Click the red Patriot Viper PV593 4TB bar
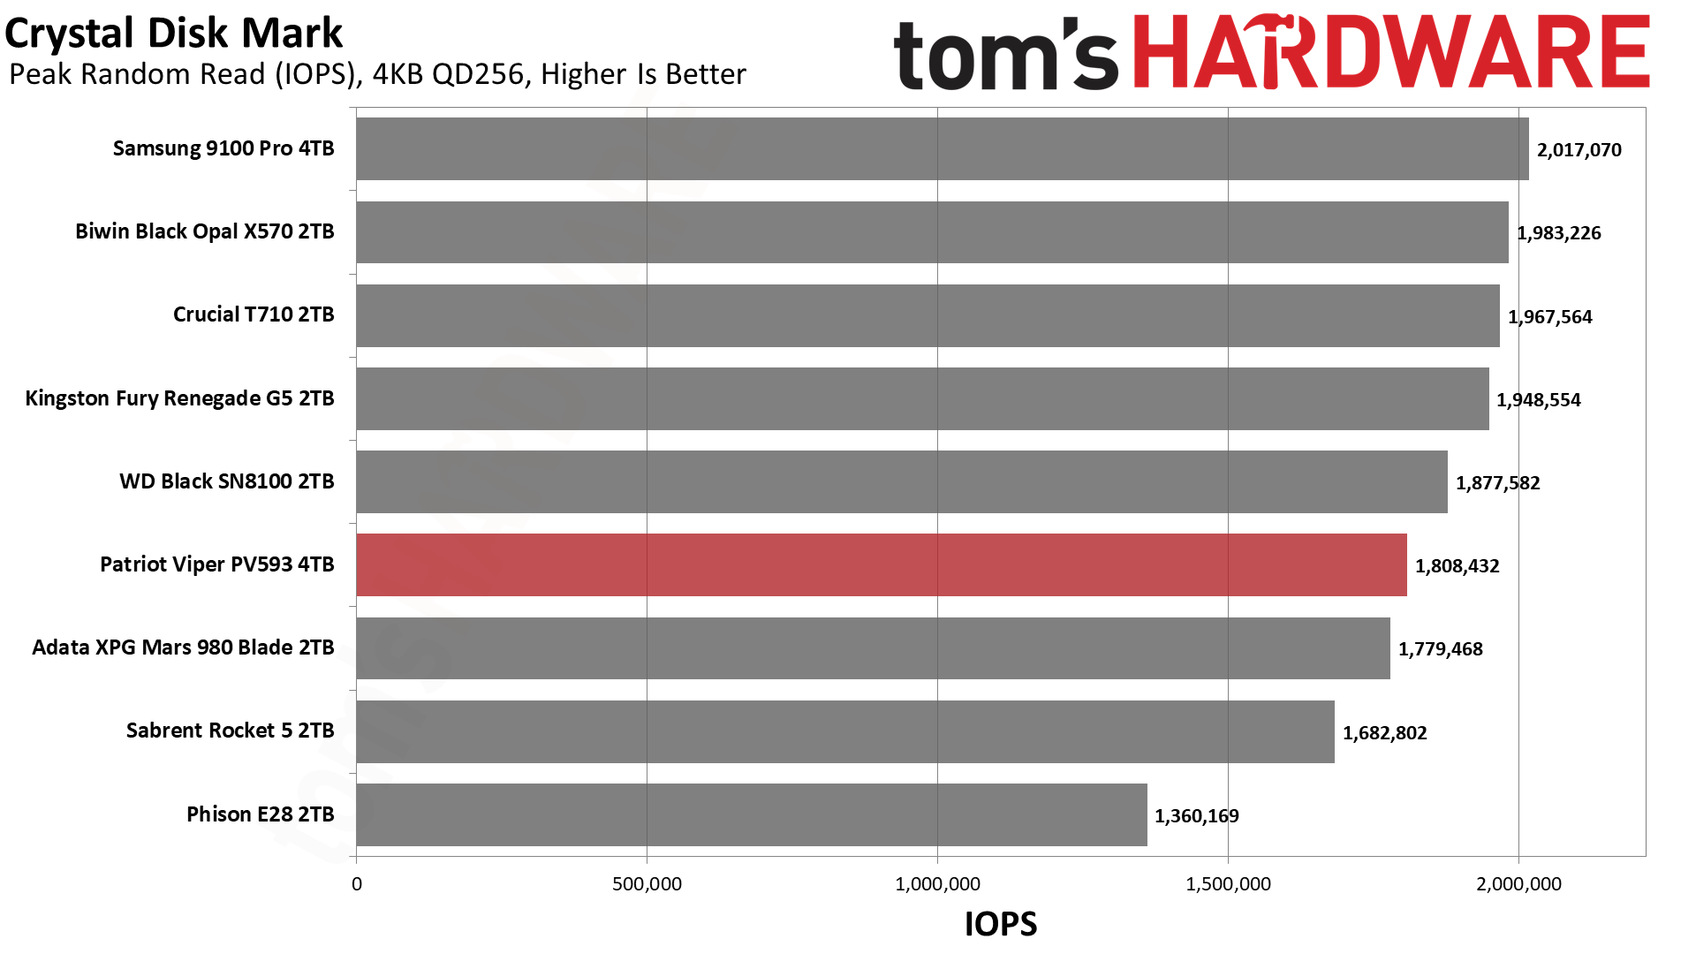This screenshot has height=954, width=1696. click(881, 564)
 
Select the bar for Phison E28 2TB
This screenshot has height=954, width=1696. click(751, 814)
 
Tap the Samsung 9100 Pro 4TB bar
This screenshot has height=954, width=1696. click(942, 148)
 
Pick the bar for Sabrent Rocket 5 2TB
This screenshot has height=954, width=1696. click(844, 731)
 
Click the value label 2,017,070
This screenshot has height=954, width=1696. click(1579, 150)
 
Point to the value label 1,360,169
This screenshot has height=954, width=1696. click(1196, 816)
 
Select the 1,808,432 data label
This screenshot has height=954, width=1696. click(1457, 566)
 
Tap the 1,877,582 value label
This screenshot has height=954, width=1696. click(1497, 483)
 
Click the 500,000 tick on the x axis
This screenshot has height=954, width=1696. click(647, 884)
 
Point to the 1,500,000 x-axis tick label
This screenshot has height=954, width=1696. click(1228, 884)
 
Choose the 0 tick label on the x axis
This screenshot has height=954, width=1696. click(357, 884)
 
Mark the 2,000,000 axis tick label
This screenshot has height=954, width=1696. click(1518, 884)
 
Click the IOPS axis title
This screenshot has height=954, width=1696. click(1001, 924)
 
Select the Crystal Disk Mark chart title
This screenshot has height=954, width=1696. click(174, 34)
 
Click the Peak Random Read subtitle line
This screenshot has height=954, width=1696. click(377, 74)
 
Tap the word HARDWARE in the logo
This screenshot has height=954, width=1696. click(1390, 53)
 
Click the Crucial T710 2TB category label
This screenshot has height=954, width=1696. click(254, 314)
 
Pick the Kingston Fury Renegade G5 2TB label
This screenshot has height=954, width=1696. click(179, 398)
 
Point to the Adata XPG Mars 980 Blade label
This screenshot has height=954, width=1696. click(183, 647)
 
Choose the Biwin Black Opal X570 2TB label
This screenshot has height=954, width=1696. click(204, 231)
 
